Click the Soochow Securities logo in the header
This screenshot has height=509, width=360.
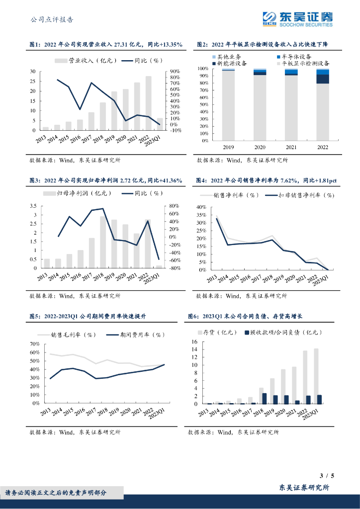[297, 18]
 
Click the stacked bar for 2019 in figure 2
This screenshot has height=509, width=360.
[228, 105]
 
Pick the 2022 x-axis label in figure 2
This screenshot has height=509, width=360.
[322, 148]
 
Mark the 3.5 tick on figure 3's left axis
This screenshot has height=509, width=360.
[34, 206]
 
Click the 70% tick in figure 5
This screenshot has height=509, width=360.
[34, 344]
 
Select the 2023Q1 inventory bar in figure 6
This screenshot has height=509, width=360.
[316, 376]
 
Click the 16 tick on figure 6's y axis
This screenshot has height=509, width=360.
[194, 342]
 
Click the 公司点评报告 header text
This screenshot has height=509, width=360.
[52, 20]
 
